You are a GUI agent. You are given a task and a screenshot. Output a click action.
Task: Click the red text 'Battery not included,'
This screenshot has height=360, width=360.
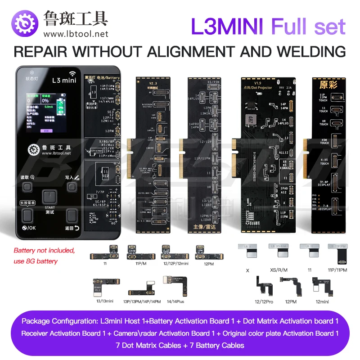[44, 250]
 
